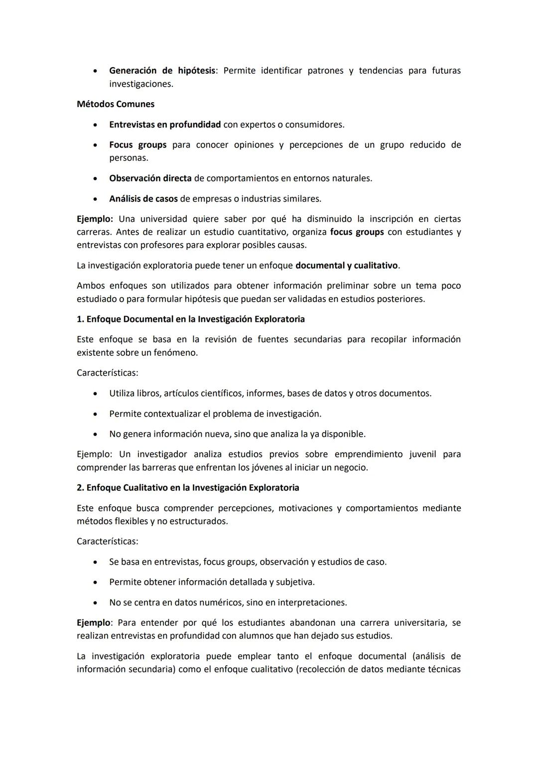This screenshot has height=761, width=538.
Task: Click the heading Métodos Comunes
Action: pos(116,104)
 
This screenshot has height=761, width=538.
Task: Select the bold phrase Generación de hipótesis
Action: pos(162,71)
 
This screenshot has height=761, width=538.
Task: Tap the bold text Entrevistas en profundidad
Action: pos(165,125)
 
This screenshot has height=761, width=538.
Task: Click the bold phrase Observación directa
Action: pos(150,178)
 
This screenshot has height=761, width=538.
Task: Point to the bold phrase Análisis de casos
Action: pos(143,199)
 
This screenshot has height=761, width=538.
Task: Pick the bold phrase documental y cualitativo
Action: pos(347,266)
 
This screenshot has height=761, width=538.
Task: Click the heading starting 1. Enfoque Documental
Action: pos(191,319)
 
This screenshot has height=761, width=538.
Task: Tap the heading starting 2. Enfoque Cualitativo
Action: pos(188,487)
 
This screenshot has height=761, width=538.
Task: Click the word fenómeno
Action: pos(177,353)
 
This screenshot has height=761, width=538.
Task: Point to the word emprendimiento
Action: pos(369,455)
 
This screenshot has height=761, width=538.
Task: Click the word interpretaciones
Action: pos(312,603)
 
